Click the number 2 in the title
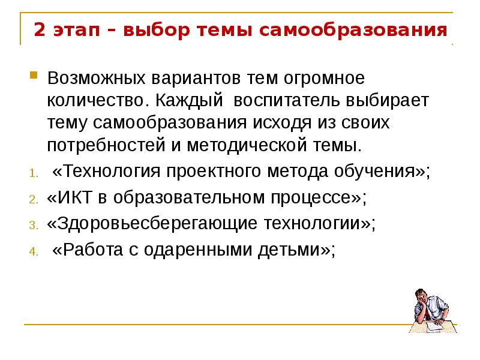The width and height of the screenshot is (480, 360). [39, 29]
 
